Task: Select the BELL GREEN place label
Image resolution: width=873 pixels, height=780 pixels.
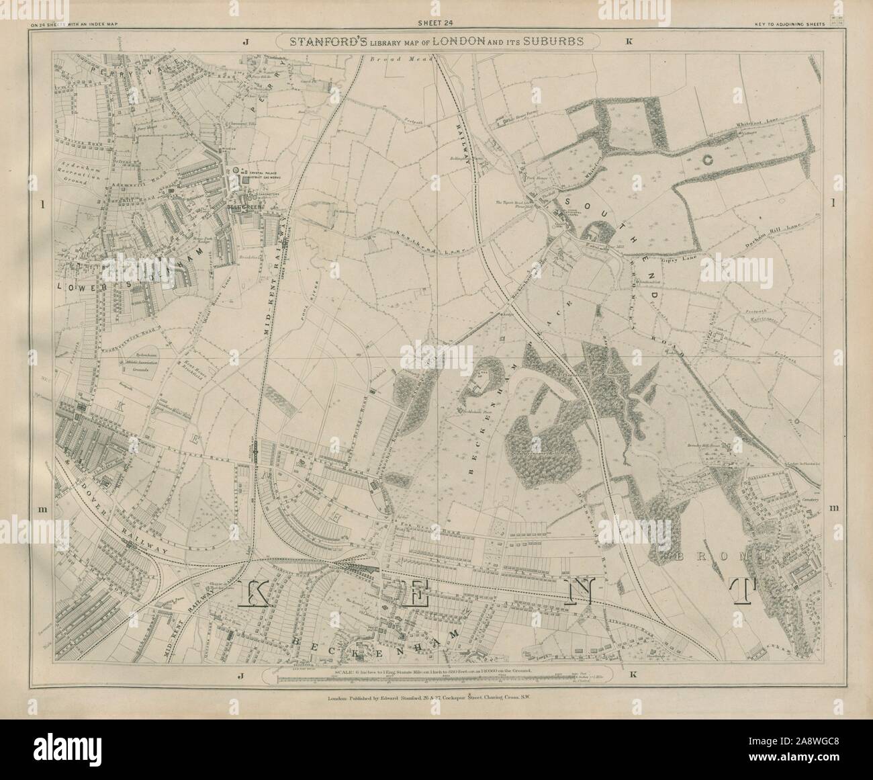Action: (x=243, y=209)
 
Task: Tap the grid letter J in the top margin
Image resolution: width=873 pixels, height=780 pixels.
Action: (x=246, y=42)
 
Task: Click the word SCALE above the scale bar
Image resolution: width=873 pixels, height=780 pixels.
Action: (x=343, y=671)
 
